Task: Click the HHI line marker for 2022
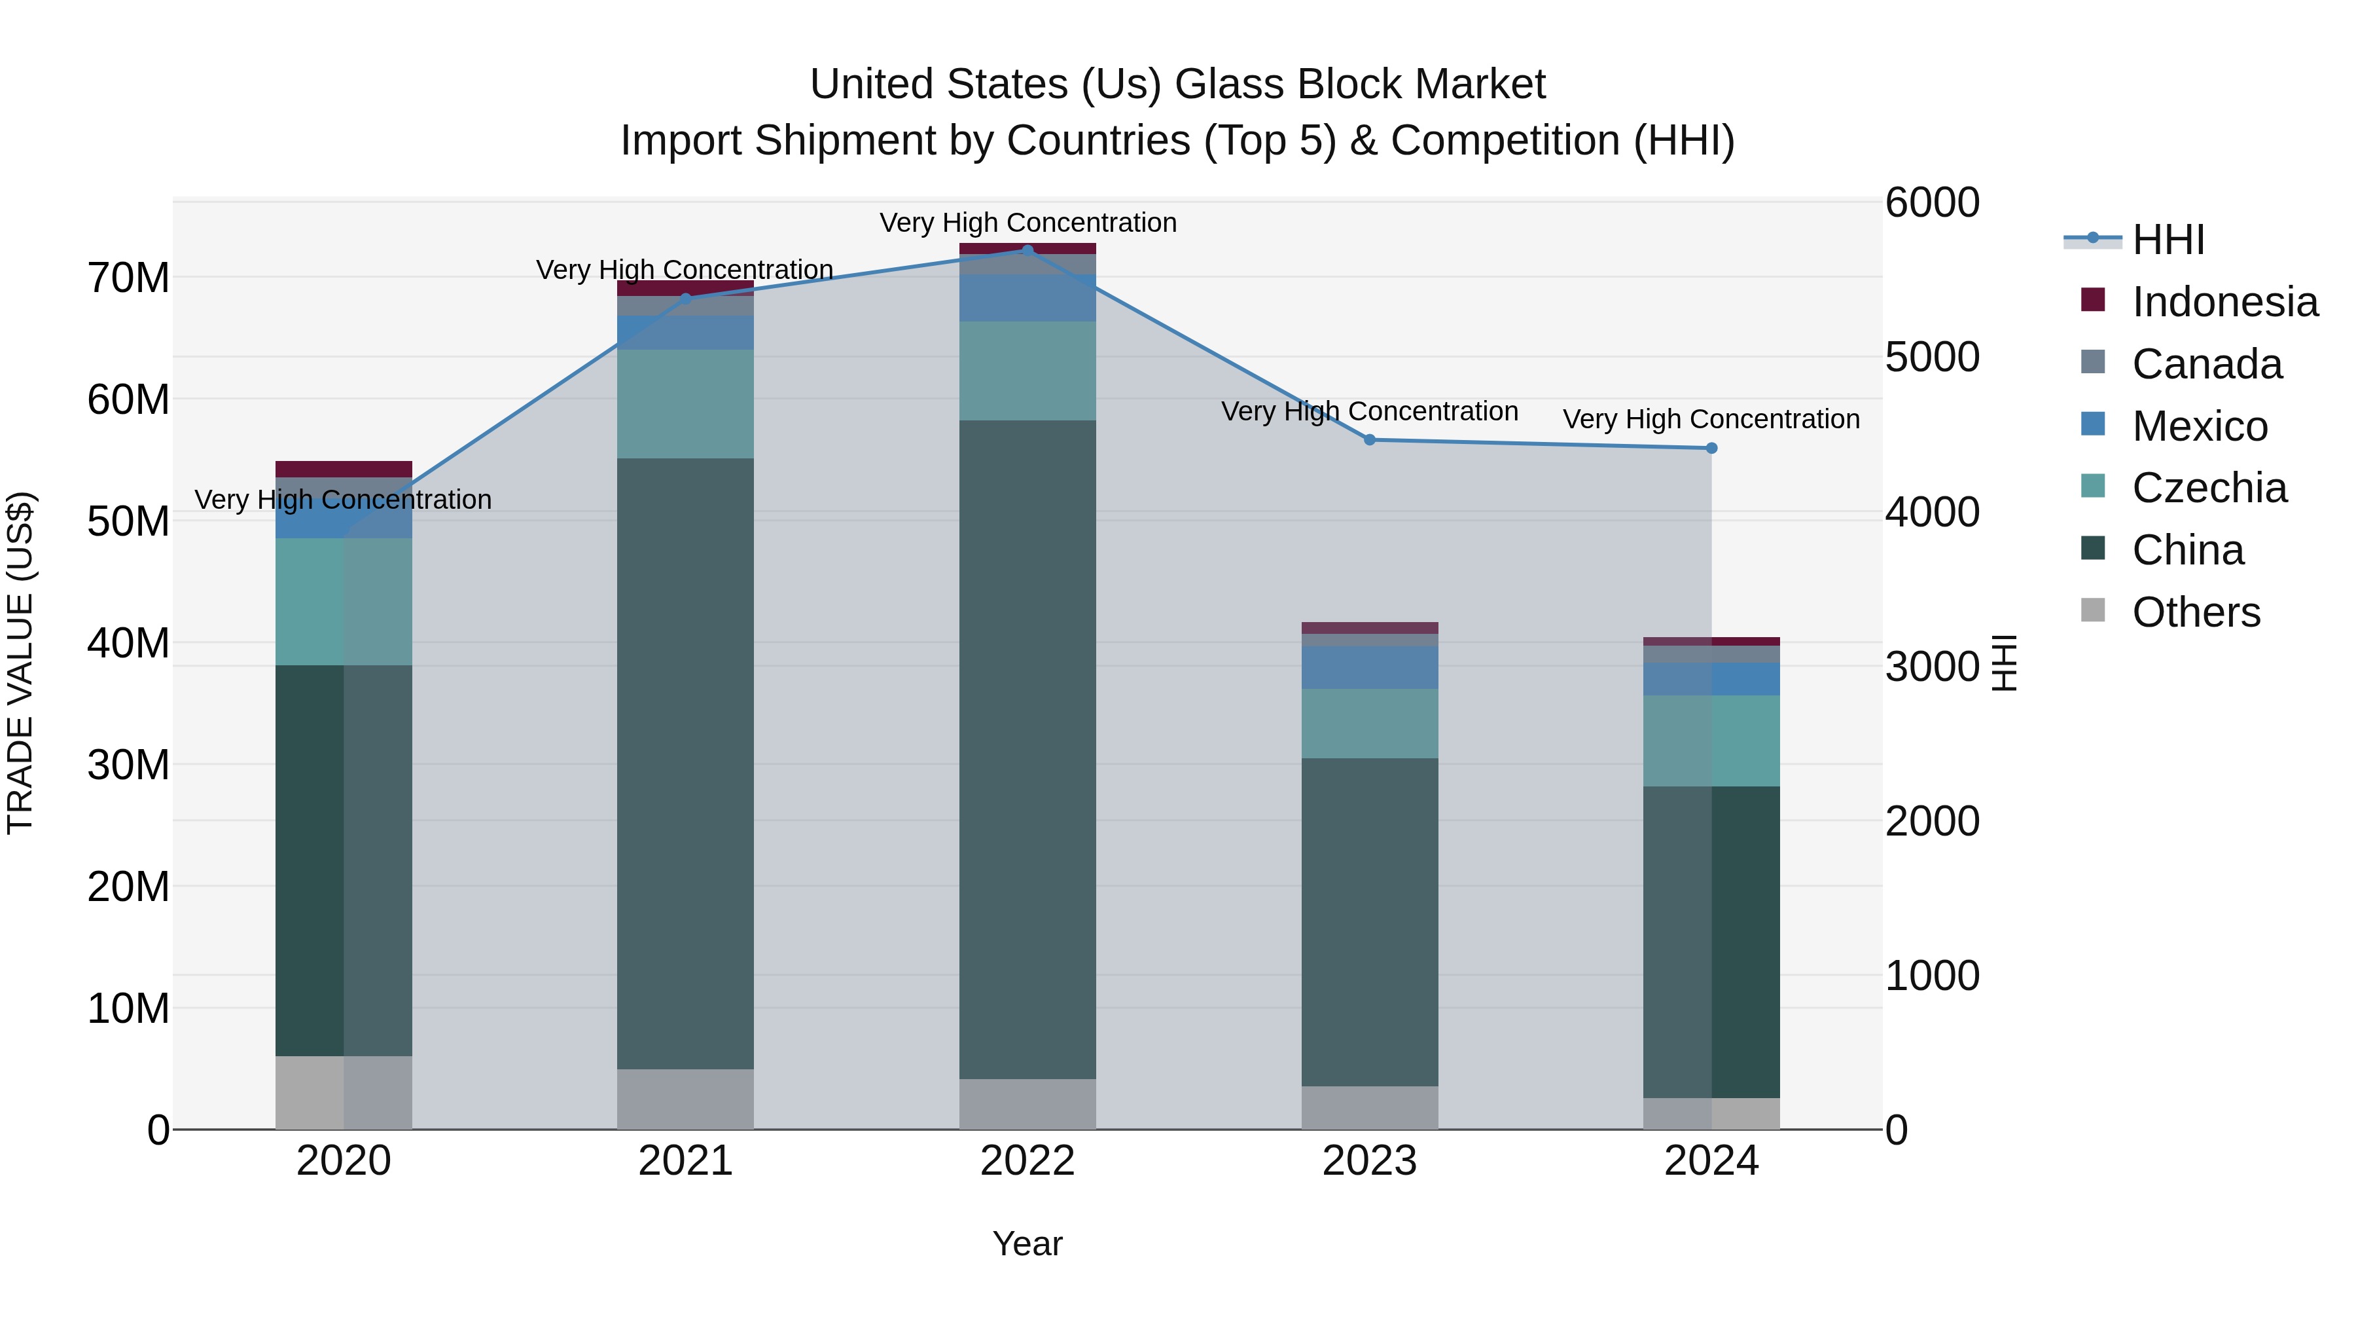pos(1027,250)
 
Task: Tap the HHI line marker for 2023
pos(1369,440)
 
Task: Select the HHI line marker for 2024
pos(1711,449)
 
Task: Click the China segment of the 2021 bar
pos(685,764)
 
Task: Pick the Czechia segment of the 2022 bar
pos(1027,371)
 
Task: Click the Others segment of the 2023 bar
pos(1369,1107)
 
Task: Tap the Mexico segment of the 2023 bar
pos(1369,667)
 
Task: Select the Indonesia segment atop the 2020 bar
pos(343,470)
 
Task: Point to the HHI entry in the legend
pos(2168,240)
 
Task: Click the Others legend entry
pos(2195,612)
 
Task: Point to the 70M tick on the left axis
pos(128,277)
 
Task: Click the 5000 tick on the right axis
pos(1932,357)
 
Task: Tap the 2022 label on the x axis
pos(1027,1161)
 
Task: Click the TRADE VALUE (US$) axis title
pos(21,663)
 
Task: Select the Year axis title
pos(1027,1243)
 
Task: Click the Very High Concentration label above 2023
pos(1369,412)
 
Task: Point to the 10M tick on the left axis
pos(128,1008)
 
